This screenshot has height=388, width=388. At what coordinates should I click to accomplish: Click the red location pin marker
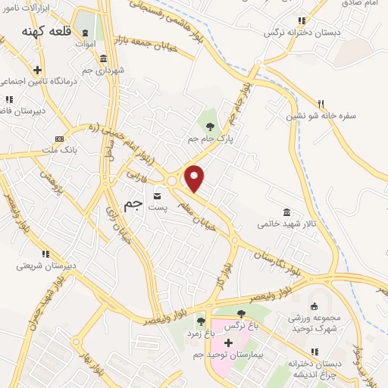coord(196,177)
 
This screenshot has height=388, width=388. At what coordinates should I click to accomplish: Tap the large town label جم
coord(133,205)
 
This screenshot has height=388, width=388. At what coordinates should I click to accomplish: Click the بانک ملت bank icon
coord(60,139)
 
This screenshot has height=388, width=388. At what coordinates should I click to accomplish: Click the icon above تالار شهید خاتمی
coord(286,211)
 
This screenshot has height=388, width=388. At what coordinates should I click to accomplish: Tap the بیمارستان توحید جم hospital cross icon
coord(227,343)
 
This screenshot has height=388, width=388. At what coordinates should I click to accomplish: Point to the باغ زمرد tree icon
coord(201,321)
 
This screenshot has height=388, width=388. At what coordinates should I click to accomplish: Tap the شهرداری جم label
coord(98,70)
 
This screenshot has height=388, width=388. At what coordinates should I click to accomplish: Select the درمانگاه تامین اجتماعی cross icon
coord(36,70)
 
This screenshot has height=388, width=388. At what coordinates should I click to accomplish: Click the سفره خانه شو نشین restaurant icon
coord(321,104)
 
